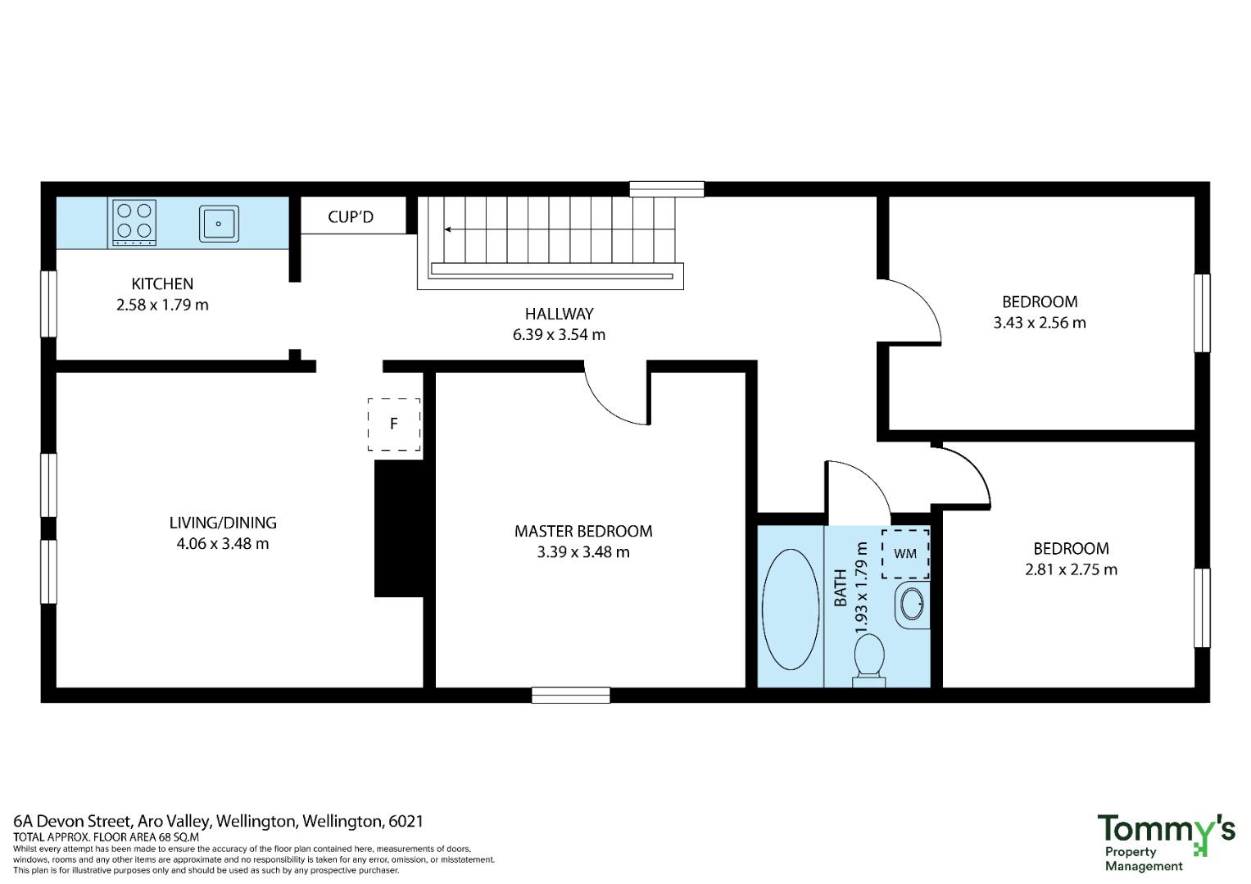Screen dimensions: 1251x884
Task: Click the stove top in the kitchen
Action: (x=134, y=223)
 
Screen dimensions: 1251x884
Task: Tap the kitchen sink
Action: (x=219, y=224)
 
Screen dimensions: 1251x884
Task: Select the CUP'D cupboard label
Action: (x=350, y=216)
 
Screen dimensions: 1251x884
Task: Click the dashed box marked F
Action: (x=394, y=424)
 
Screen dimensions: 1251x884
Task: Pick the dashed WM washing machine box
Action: (x=905, y=554)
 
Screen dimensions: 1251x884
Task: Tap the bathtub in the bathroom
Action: (x=791, y=609)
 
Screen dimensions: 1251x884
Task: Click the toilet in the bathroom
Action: (x=869, y=661)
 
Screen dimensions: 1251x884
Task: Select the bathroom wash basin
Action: (x=913, y=605)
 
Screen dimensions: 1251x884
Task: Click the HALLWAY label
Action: (x=559, y=314)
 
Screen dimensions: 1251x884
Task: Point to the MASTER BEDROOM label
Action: (x=583, y=531)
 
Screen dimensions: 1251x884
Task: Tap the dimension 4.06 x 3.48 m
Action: (x=222, y=543)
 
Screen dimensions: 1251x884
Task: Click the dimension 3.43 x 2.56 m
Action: (x=1040, y=323)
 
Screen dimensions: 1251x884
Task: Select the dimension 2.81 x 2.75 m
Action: (x=1071, y=569)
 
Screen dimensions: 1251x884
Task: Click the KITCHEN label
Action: (x=162, y=283)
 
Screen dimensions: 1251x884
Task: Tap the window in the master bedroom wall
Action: (x=570, y=696)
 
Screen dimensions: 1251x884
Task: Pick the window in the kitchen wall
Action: (x=48, y=304)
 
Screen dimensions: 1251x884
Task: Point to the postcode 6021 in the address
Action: (x=406, y=822)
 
